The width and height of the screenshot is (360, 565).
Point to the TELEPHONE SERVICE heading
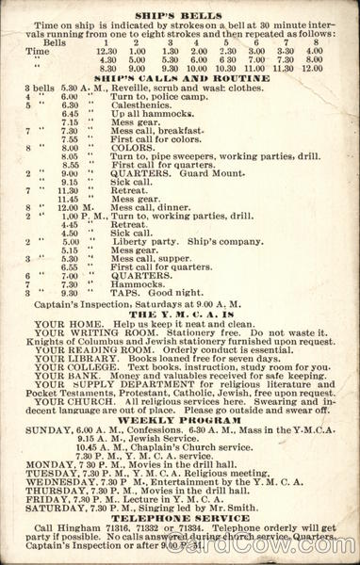point(180,518)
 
